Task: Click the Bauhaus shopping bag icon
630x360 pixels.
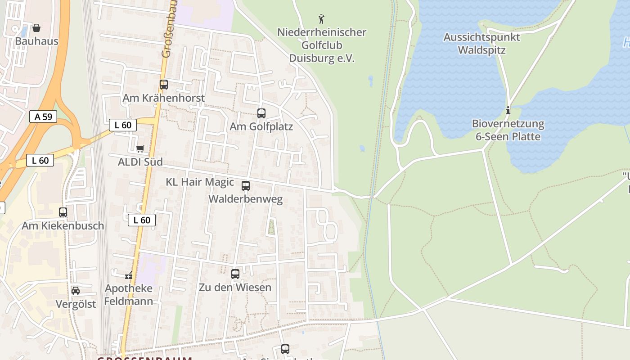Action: [36, 28]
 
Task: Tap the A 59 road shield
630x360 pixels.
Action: [43, 117]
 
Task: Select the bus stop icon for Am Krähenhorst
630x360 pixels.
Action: [164, 85]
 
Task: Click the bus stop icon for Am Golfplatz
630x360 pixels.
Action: [261, 113]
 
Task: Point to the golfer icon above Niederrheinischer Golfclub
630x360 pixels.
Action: [321, 19]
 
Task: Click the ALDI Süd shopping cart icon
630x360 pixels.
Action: [140, 148]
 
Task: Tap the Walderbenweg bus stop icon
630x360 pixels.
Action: [246, 185]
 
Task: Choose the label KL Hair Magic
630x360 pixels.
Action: [200, 182]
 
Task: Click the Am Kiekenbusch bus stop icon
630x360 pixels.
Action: [63, 212]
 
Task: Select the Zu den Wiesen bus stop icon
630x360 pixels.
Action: [235, 274]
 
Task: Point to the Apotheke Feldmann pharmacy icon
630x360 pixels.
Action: [129, 275]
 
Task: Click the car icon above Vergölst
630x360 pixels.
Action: [76, 291]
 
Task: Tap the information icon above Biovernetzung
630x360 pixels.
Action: [508, 110]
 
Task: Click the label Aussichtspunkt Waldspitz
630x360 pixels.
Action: [481, 44]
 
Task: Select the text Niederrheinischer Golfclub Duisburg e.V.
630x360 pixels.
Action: [322, 45]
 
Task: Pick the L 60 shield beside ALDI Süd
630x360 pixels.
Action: [123, 125]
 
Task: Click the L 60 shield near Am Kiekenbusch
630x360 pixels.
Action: [142, 220]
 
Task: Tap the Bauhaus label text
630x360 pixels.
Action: [36, 41]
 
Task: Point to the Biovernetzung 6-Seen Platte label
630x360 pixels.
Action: [508, 130]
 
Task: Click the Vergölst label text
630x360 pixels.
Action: [76, 304]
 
